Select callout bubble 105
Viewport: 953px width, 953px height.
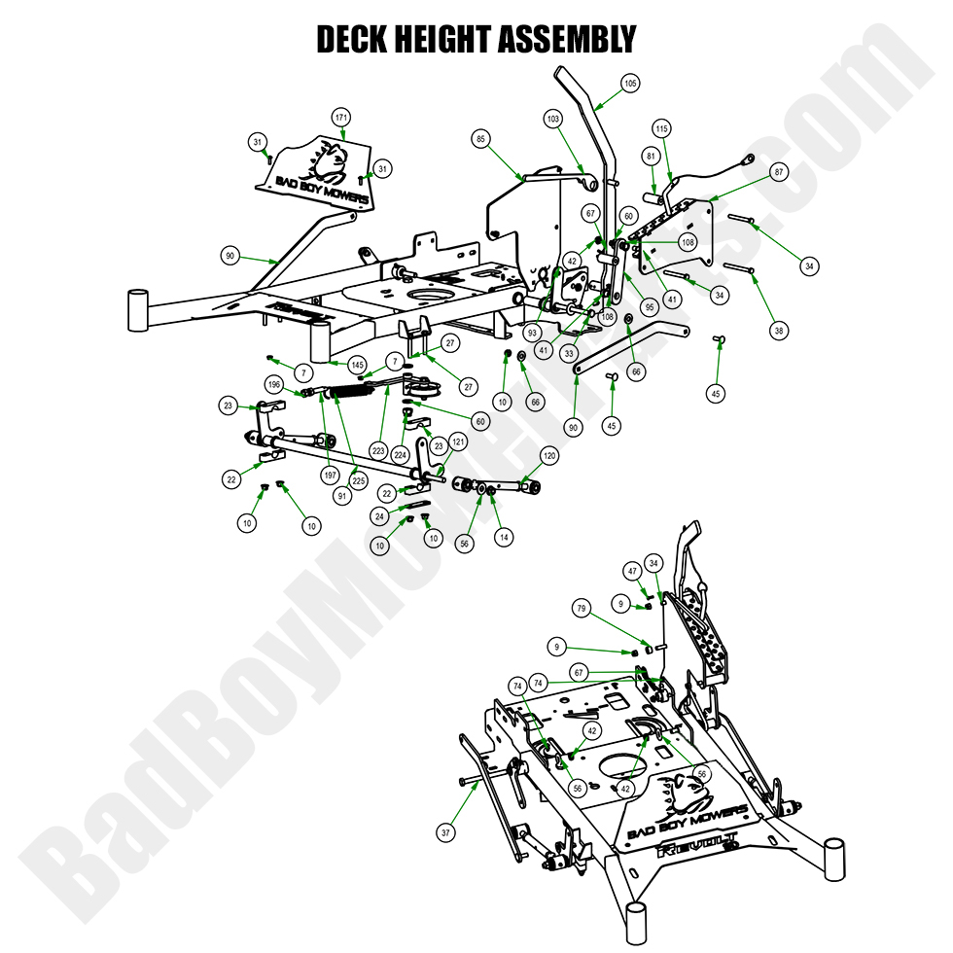pyautogui.click(x=630, y=84)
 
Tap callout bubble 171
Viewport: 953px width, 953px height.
pyautogui.click(x=340, y=117)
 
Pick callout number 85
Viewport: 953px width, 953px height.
pyautogui.click(x=480, y=138)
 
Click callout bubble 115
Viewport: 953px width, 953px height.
pyautogui.click(x=662, y=129)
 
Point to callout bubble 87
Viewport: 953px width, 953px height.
pyautogui.click(x=778, y=171)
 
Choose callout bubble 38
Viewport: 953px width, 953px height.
pyautogui.click(x=779, y=331)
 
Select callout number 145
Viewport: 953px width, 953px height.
pyautogui.click(x=357, y=365)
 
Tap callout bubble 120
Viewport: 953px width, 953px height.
pyautogui.click(x=549, y=455)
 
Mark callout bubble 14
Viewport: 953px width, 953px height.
pyautogui.click(x=503, y=536)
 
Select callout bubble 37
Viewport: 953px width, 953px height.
pyautogui.click(x=446, y=832)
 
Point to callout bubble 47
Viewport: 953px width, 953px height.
pyautogui.click(x=632, y=571)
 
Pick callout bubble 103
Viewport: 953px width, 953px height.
pyautogui.click(x=553, y=119)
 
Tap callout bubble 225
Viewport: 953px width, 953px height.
pyautogui.click(x=359, y=480)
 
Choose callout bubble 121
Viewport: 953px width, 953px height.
pyautogui.click(x=458, y=441)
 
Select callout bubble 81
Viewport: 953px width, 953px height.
pyautogui.click(x=651, y=156)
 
